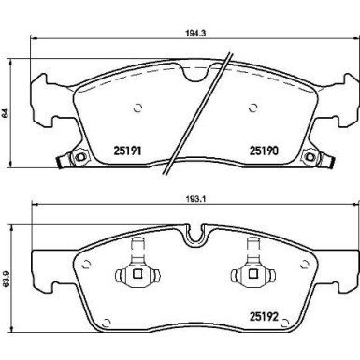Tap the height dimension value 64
(x=7, y=113)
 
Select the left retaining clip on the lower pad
(x=136, y=272)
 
